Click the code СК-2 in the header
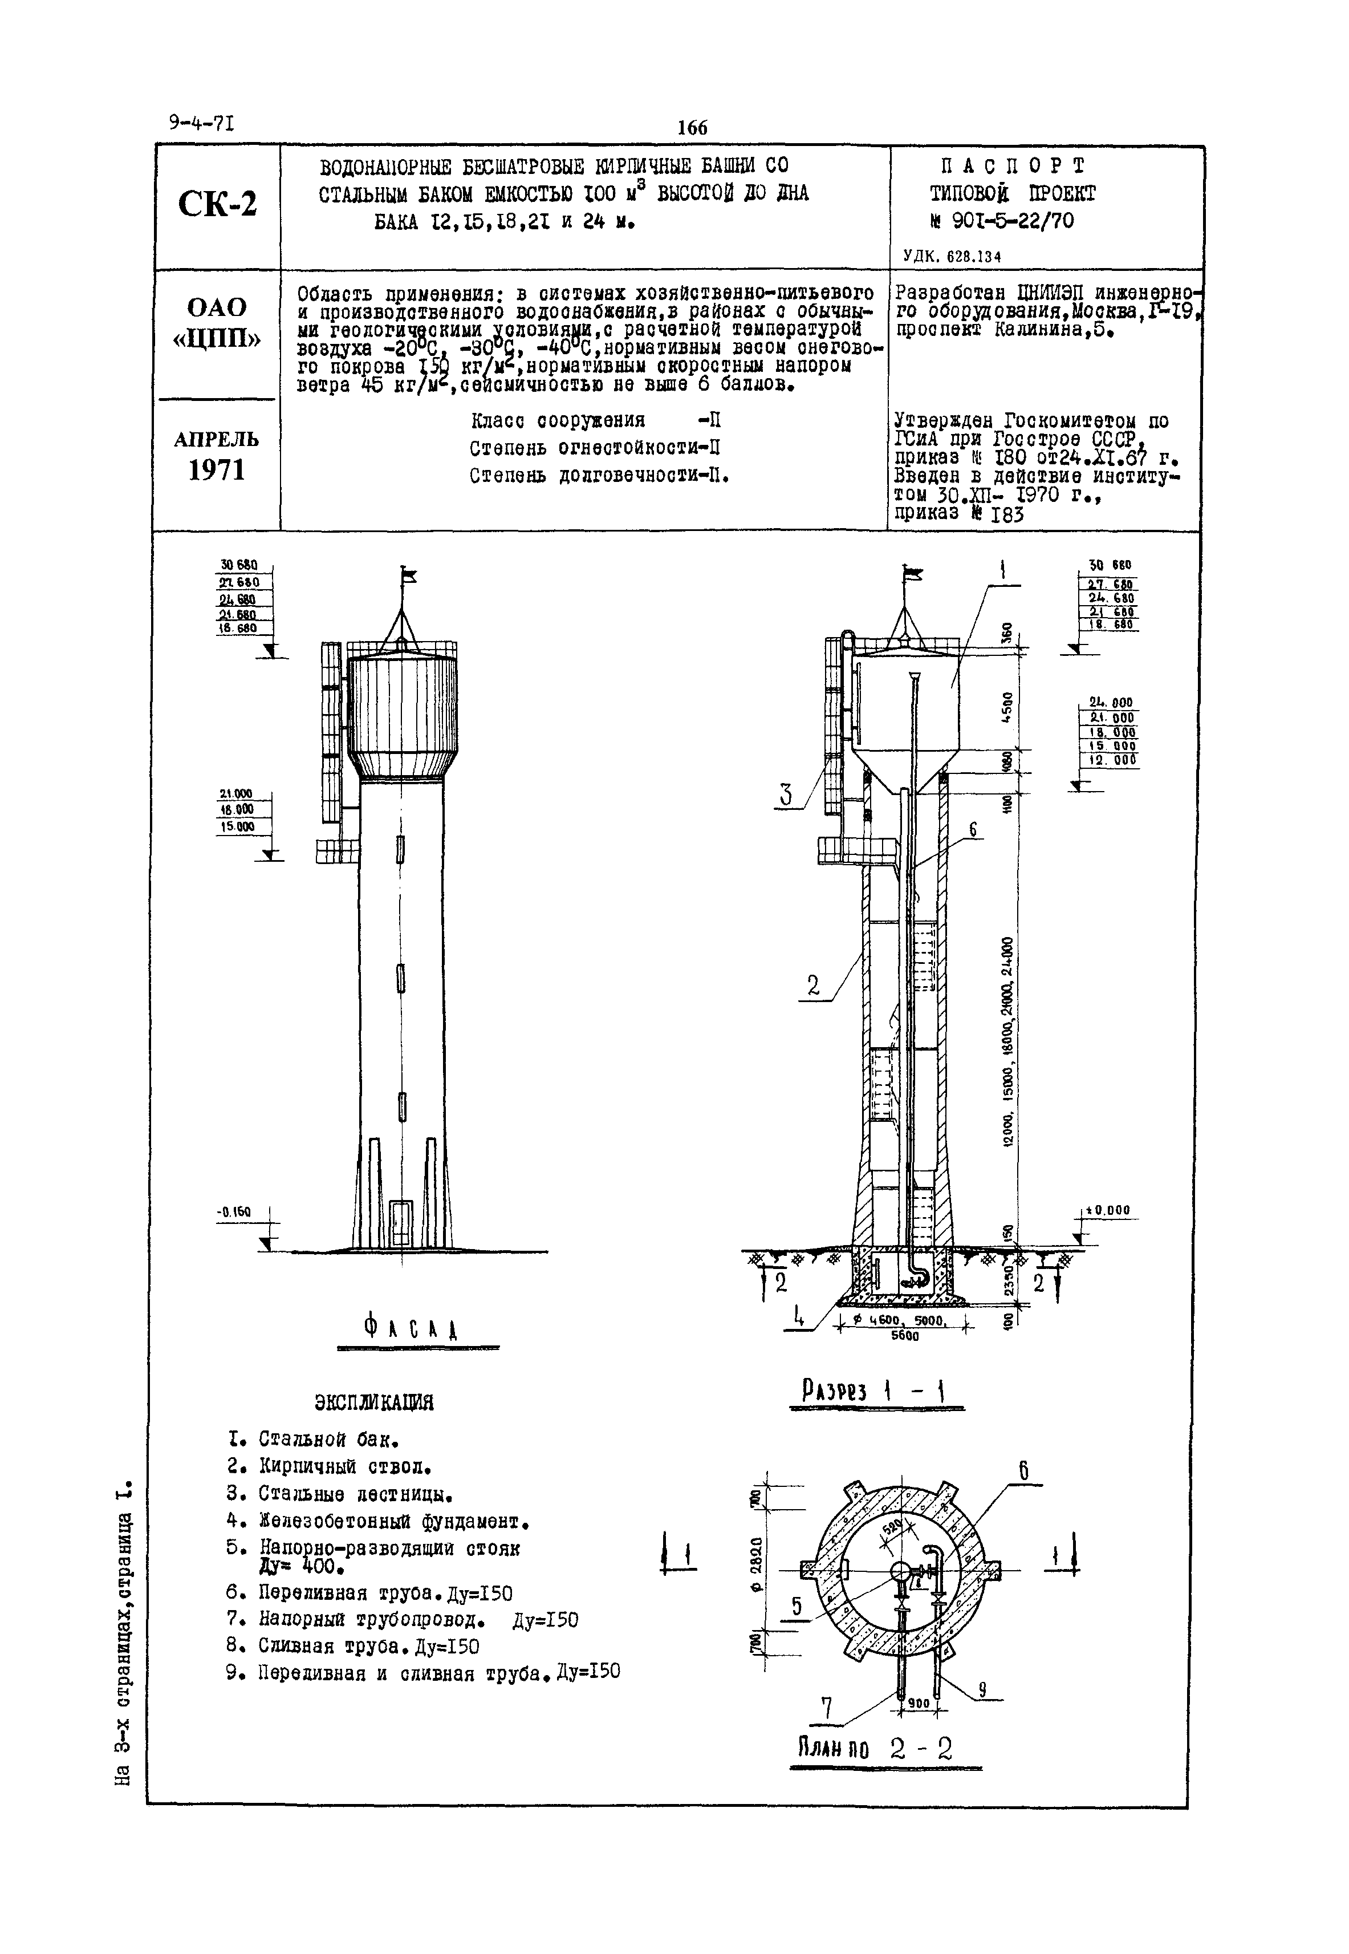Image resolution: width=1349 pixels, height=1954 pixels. click(x=217, y=204)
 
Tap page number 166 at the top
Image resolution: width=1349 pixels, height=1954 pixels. click(x=692, y=128)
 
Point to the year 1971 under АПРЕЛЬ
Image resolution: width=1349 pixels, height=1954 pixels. click(x=217, y=471)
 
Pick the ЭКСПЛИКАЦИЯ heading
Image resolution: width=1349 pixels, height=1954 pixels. click(x=373, y=1402)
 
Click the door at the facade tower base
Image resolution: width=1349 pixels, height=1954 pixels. click(x=401, y=1223)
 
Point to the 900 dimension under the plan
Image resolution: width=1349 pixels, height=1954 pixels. click(x=919, y=1702)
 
